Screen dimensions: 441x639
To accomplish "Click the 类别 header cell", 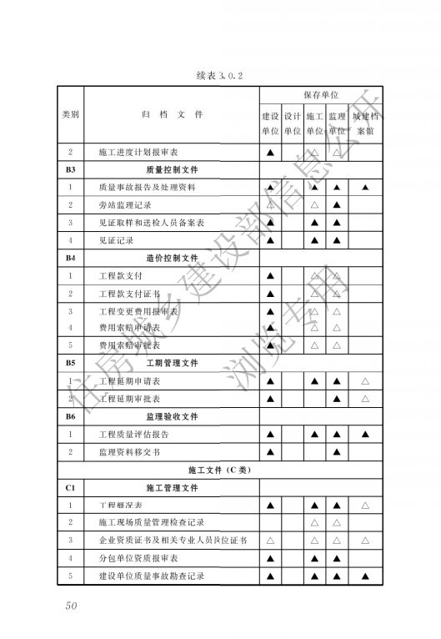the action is pos(71,115).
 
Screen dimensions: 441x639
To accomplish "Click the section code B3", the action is pos(71,169).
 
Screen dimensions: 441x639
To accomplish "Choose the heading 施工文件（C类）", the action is pos(219,470).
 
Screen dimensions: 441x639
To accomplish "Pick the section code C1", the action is pos(71,487).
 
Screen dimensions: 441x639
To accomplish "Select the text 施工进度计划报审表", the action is pos(138,153).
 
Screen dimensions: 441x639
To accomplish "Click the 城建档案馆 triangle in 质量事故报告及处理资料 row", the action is pos(366,187).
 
